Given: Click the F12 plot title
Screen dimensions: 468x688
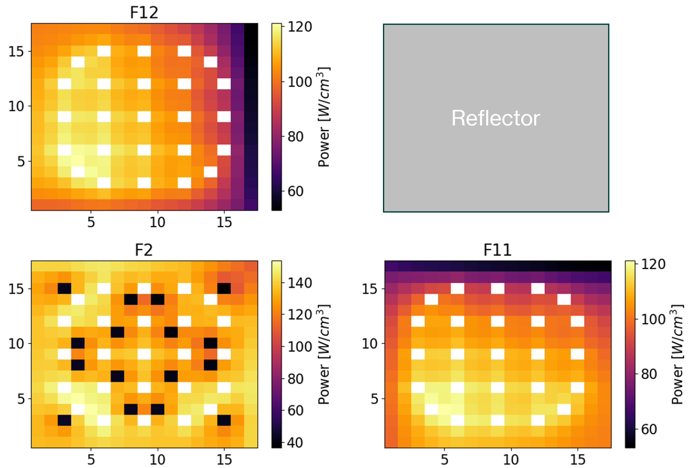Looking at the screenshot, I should click(144, 13).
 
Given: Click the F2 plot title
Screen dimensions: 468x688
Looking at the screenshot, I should click(144, 250).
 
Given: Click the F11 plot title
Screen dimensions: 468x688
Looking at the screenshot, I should click(497, 250).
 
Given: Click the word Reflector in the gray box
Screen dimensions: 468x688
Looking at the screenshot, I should click(496, 118).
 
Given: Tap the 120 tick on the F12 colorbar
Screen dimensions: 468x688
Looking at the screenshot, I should click(300, 27).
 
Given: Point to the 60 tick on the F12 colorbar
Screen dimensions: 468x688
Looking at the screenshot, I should click(296, 191).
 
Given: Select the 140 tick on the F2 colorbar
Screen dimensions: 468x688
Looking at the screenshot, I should click(300, 283).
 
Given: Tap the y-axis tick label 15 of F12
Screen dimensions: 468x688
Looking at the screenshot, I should click(16, 52).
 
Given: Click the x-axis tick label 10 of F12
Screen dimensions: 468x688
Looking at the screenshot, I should click(157, 222).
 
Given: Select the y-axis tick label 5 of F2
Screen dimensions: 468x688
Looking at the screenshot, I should click(21, 399).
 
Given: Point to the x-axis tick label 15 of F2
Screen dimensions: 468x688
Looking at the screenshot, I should click(224, 460).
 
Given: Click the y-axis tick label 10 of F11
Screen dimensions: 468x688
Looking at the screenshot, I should click(369, 344).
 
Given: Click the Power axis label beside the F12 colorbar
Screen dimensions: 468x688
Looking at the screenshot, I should click(324, 117).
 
